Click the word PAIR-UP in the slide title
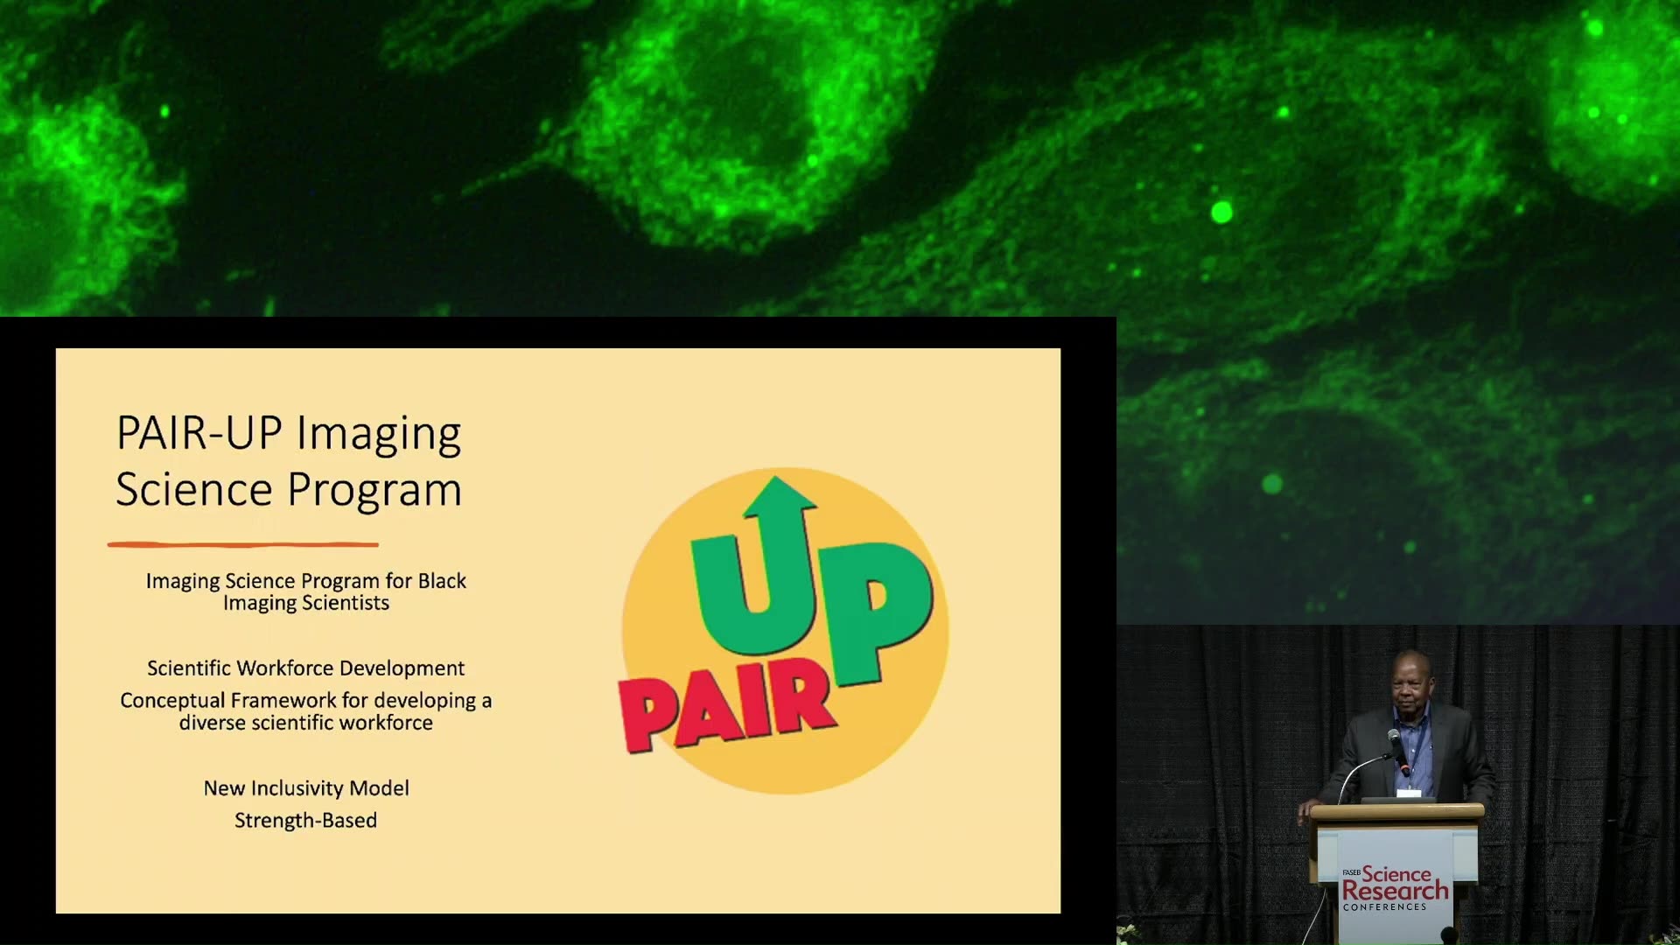coord(199,432)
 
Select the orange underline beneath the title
coord(243,544)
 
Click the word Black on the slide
coord(442,581)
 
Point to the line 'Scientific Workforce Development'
coord(305,668)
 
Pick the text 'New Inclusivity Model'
coord(306,787)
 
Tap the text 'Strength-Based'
coord(305,821)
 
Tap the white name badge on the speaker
coord(1409,792)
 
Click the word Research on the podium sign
coord(1395,891)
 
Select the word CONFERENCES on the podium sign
coord(1384,907)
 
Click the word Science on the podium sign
coord(1396,873)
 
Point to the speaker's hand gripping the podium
coord(1309,808)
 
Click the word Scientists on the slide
coord(346,603)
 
